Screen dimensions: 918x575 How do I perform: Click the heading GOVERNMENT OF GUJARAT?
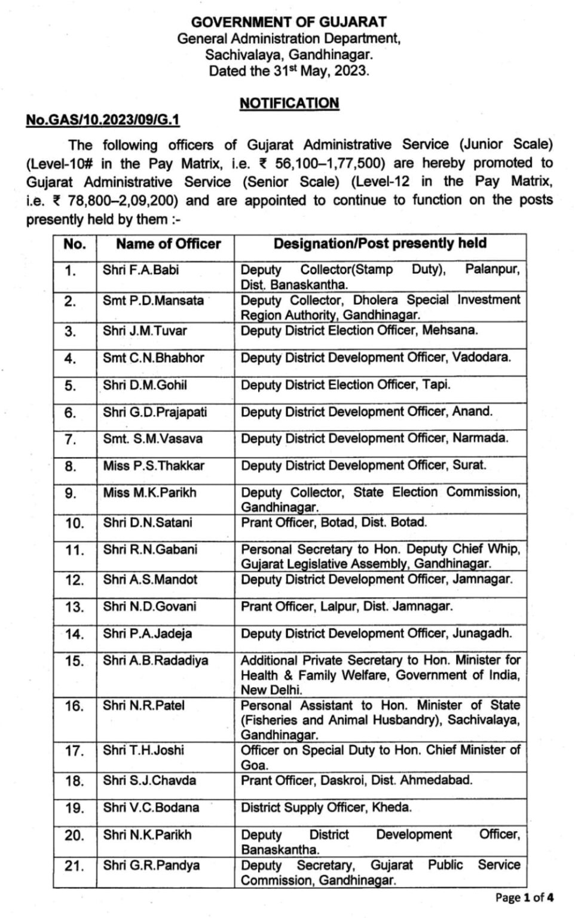[x=289, y=22]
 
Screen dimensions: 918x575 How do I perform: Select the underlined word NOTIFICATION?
[x=289, y=103]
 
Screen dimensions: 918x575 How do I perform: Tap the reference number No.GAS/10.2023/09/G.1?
[x=103, y=120]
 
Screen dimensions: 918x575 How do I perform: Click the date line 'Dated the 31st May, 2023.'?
[x=289, y=71]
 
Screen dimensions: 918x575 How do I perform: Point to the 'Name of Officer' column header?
[x=168, y=244]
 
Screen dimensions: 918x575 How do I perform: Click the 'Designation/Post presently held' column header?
[x=380, y=243]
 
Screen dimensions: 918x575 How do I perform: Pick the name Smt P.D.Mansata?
[x=153, y=301]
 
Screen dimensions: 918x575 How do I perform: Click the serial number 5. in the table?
[x=71, y=385]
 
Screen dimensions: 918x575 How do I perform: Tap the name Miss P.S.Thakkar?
[x=154, y=466]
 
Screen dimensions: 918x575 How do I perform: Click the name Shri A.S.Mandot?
[x=150, y=579]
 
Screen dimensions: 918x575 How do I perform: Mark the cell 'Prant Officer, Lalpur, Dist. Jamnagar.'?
[x=347, y=607]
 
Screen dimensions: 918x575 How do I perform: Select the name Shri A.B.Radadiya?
[x=155, y=660]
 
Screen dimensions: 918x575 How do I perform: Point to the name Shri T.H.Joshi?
[x=143, y=750]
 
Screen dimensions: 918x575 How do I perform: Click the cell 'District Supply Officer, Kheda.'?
[x=326, y=807]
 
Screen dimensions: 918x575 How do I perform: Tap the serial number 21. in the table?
[x=74, y=865]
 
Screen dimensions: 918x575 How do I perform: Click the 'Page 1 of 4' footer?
[x=524, y=898]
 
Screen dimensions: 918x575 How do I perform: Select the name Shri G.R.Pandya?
[x=151, y=865]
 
